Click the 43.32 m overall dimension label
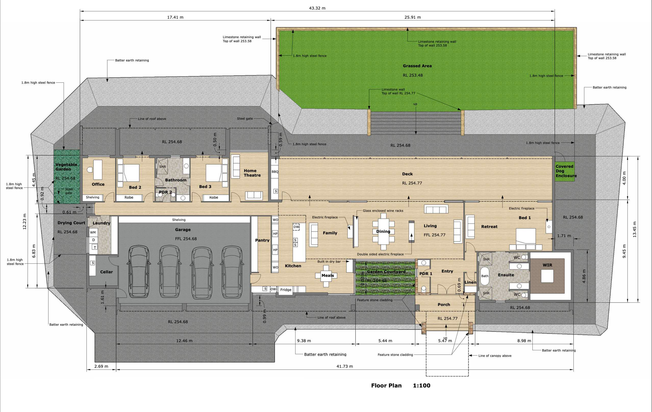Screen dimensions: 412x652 (x=317, y=8)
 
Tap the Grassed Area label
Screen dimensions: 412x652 (x=417, y=66)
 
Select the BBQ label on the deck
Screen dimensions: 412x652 (x=275, y=172)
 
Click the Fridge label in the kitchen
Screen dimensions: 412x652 (x=286, y=290)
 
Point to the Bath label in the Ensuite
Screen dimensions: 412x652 (x=485, y=276)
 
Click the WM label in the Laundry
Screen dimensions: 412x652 (x=93, y=232)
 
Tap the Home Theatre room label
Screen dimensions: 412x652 (x=252, y=173)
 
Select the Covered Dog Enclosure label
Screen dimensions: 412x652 (x=566, y=171)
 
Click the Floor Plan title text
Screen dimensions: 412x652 (x=386, y=386)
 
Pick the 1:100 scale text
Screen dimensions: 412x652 (x=421, y=386)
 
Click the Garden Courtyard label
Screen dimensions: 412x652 (x=386, y=272)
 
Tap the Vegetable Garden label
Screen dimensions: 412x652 (x=66, y=167)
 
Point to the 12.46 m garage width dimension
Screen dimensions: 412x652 (x=184, y=341)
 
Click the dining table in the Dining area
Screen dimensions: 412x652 (x=383, y=231)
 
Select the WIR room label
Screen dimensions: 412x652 (x=547, y=265)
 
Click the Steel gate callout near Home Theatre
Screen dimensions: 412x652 (x=245, y=118)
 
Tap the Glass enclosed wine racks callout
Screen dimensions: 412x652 (x=383, y=211)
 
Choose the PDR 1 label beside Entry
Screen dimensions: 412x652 (x=426, y=273)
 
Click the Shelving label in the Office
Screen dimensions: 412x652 (x=93, y=197)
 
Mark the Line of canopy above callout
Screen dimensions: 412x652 (x=495, y=355)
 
